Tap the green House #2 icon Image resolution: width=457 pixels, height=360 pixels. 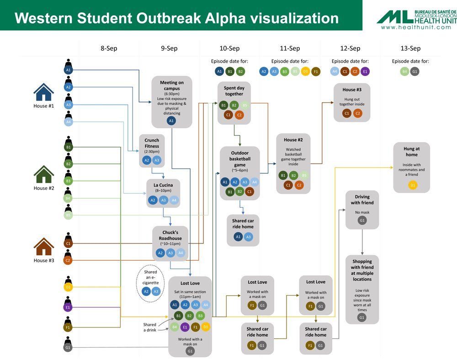(44, 174)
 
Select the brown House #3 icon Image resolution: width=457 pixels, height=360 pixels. (44, 247)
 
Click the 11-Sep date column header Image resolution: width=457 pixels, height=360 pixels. (290, 48)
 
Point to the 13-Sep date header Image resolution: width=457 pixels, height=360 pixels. (410, 48)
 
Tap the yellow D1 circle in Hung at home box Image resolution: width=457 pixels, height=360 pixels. (413, 185)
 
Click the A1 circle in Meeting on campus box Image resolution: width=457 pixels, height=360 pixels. (171, 121)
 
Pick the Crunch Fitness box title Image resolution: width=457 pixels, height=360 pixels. (152, 144)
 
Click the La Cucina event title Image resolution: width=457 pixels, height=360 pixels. (163, 185)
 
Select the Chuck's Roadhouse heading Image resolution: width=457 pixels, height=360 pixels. (170, 235)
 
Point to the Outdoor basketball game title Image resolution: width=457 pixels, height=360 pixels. (239, 159)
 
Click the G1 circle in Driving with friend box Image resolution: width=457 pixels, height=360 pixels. (362, 221)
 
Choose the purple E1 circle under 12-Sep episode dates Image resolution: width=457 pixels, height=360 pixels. (365, 71)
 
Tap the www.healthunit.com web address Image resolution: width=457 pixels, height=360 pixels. (415, 27)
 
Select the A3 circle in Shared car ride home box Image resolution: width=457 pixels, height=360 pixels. (248, 237)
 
